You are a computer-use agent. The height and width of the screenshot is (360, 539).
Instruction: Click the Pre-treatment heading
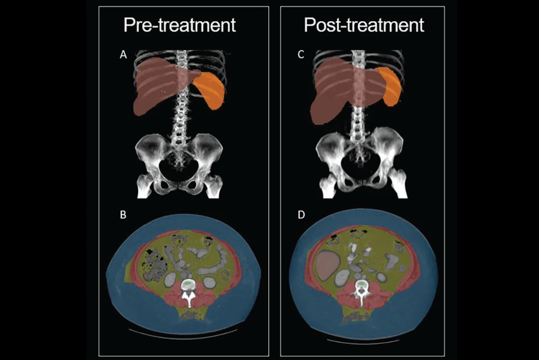[x=180, y=25]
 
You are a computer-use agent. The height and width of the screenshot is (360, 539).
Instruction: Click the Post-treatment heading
[x=363, y=25]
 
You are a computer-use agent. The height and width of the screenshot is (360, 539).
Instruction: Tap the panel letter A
[x=123, y=55]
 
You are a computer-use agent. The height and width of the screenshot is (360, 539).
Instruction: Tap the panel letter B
[x=123, y=215]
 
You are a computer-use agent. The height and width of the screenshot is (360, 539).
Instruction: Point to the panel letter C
[x=301, y=55]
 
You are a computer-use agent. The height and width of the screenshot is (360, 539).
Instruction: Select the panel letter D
[x=301, y=215]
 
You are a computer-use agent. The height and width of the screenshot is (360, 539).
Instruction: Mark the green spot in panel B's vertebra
[x=188, y=284]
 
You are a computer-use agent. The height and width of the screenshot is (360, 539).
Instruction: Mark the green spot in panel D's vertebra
[x=362, y=284]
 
